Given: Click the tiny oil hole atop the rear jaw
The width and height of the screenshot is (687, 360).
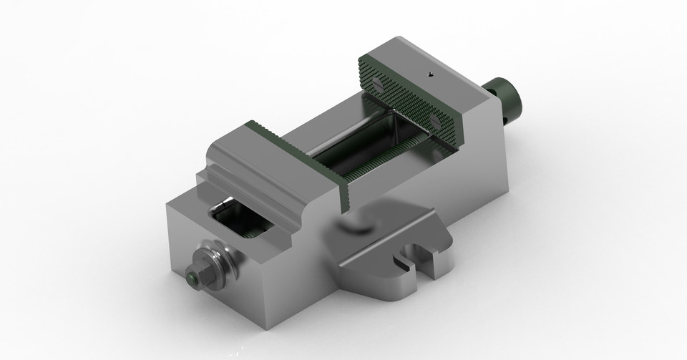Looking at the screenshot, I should (430, 73).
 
